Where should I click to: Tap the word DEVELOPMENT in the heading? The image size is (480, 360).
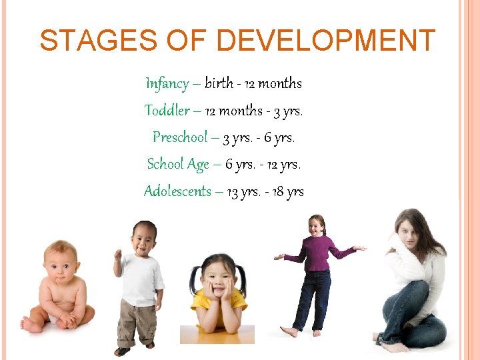(326, 41)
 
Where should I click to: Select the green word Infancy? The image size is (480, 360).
(167, 84)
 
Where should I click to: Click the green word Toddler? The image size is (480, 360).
(167, 111)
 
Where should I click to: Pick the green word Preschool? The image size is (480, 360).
(180, 137)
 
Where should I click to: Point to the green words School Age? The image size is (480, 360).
(178, 164)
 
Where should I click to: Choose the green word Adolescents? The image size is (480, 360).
(177, 191)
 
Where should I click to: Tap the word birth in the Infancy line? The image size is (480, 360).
(219, 84)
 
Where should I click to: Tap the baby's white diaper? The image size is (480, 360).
(53, 319)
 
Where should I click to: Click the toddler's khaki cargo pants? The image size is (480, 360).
(137, 323)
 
